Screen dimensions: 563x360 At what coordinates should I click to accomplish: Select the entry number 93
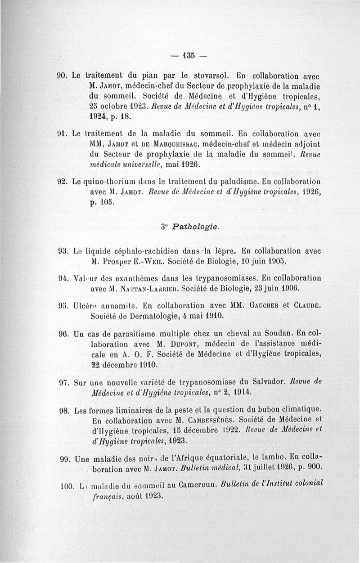click(63, 251)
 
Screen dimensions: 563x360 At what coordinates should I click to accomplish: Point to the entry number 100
click(67, 487)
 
